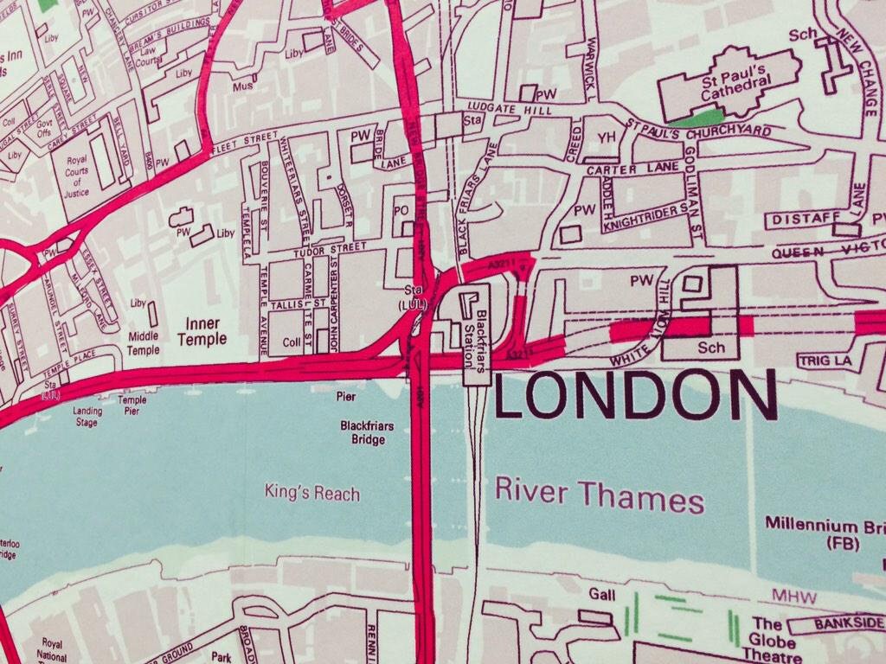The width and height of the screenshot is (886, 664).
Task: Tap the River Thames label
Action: click(600, 495)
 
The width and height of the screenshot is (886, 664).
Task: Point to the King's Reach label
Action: click(312, 494)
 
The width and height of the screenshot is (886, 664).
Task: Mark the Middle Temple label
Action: click(143, 343)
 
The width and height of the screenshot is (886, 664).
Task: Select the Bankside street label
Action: click(851, 623)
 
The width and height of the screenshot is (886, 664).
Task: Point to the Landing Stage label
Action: click(87, 417)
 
